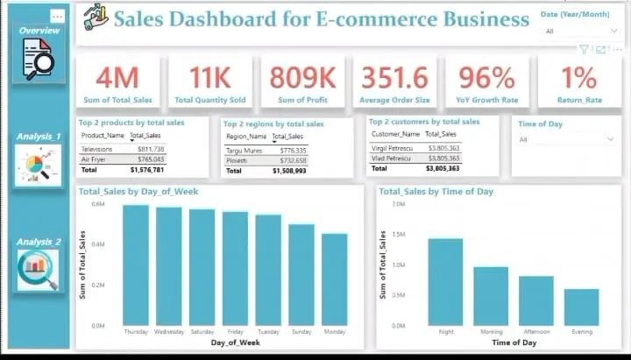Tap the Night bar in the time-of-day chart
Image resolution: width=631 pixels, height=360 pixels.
tap(445, 281)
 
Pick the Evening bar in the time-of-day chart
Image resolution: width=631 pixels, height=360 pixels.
tap(581, 307)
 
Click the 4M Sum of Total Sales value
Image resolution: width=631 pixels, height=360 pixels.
tap(117, 78)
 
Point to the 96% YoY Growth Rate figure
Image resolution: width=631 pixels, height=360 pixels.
tap(486, 78)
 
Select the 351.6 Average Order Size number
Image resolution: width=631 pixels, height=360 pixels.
tap(395, 78)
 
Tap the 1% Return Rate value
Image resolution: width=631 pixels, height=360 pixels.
tap(579, 78)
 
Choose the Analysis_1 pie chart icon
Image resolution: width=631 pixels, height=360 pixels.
tap(39, 165)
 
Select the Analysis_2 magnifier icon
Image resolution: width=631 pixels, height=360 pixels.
tap(39, 269)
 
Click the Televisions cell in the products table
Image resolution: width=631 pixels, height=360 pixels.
tap(96, 150)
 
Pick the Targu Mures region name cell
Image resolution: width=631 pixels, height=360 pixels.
tap(245, 151)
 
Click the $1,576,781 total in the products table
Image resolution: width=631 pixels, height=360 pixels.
tap(146, 169)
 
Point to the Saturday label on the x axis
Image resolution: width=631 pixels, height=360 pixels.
tap(202, 333)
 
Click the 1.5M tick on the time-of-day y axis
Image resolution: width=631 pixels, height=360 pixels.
tap(398, 234)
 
